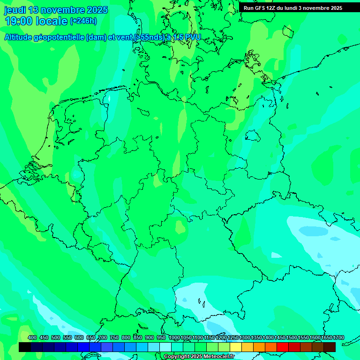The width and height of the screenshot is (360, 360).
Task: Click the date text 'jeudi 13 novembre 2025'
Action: coord(56,10)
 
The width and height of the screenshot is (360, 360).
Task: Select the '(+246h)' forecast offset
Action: coord(83,21)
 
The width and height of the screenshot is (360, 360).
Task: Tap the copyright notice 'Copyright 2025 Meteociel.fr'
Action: coord(199,357)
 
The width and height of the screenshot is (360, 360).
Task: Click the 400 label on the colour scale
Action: coord(32,337)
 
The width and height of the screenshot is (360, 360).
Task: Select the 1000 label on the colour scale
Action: coord(174,337)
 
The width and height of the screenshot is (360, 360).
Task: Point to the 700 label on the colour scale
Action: coord(103,337)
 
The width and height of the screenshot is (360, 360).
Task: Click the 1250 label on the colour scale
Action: coord(233,337)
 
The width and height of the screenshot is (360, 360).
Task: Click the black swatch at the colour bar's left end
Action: coord(25,347)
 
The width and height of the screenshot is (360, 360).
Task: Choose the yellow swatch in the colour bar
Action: coord(236,347)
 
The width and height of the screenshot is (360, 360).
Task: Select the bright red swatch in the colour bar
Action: coord(283,347)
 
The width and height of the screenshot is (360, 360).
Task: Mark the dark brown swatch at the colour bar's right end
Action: coord(330,347)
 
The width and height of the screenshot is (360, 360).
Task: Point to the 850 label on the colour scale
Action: coord(138,337)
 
